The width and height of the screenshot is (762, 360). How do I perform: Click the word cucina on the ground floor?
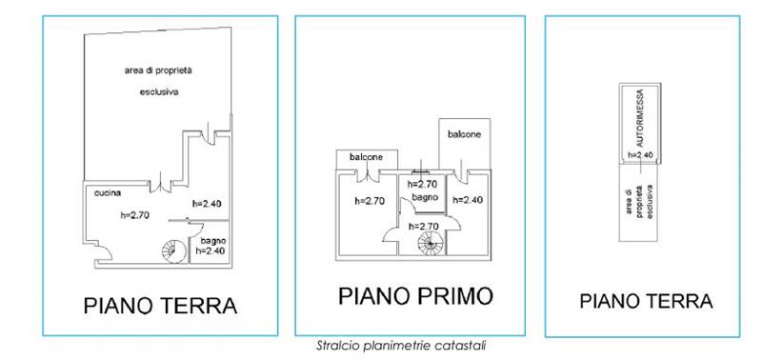[x=107, y=192]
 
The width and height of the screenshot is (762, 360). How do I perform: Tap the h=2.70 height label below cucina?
[x=136, y=214]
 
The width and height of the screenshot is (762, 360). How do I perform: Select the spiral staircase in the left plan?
[x=173, y=250]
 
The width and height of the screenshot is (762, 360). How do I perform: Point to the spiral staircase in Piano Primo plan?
[x=431, y=244]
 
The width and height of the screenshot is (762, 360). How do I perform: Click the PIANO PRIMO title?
[x=416, y=296]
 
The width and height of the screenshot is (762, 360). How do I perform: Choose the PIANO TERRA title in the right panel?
[x=646, y=301]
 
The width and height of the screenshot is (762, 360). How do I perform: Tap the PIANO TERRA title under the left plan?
[x=160, y=306]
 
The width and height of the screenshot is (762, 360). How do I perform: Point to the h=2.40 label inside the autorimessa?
[x=638, y=152]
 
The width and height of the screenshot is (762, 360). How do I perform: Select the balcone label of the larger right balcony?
[x=465, y=134]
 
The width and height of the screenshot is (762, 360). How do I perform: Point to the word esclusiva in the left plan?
[x=156, y=92]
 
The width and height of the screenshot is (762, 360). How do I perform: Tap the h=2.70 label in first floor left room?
[x=369, y=200]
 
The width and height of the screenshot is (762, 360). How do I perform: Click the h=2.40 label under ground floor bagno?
[x=211, y=251]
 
